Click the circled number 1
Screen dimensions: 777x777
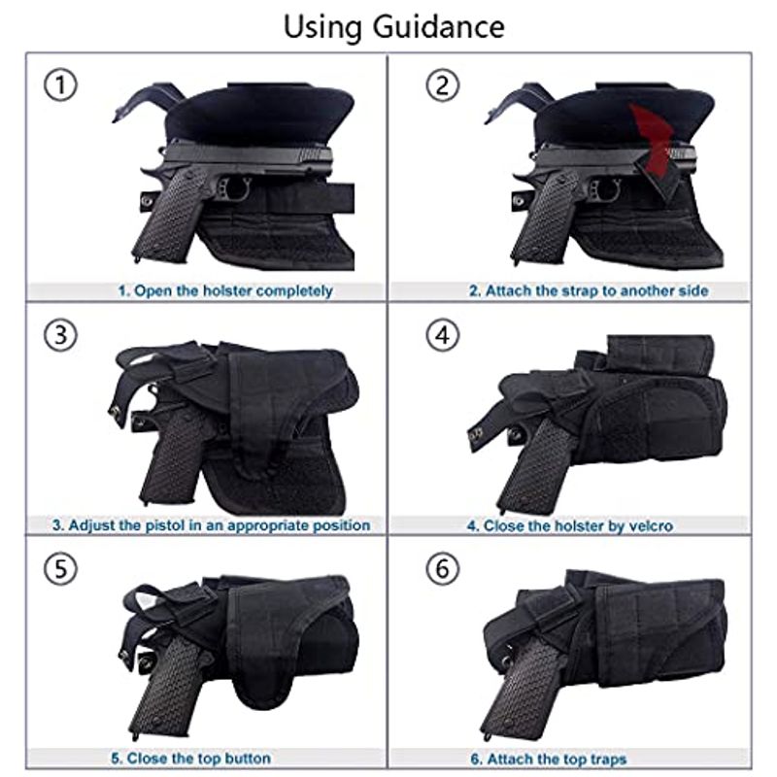click(x=60, y=85)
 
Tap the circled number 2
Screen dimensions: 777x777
click(x=443, y=85)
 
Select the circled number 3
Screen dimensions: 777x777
click(x=60, y=335)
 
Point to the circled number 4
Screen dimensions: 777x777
click(x=443, y=335)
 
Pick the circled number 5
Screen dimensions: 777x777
click(x=60, y=568)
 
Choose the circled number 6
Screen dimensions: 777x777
click(x=443, y=568)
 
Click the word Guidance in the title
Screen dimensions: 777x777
click(x=439, y=27)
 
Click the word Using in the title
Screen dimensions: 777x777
click(x=322, y=27)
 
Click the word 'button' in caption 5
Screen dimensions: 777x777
click(x=248, y=759)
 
